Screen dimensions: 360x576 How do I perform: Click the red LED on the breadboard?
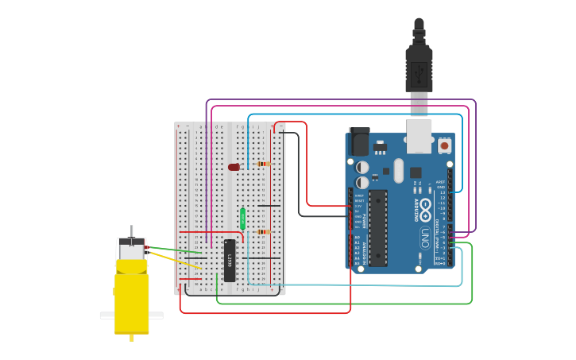tap(234, 167)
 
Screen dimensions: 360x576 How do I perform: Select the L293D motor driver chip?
tap(230, 261)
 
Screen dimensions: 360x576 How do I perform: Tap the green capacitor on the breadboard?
tap(242, 218)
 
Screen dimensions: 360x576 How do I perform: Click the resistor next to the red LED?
tap(264, 164)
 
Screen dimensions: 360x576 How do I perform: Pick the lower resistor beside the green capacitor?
tap(264, 232)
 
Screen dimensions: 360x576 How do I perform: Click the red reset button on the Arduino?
tap(444, 145)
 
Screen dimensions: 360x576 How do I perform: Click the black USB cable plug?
tap(419, 68)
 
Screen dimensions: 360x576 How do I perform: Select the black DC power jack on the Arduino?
tap(359, 142)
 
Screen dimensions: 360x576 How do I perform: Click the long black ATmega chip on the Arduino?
tap(378, 227)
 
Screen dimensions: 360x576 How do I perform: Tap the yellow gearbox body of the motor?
tap(132, 298)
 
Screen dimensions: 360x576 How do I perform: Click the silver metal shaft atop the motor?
tap(132, 230)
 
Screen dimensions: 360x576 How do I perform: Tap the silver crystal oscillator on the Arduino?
tap(399, 170)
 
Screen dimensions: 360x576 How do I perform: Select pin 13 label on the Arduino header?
tap(442, 192)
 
